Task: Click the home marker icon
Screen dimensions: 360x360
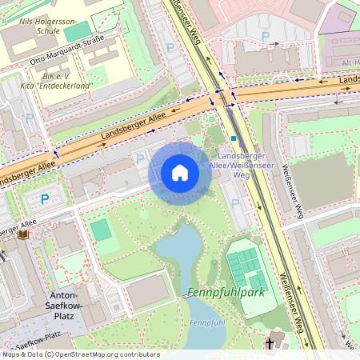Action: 180,173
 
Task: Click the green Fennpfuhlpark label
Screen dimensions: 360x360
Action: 226,293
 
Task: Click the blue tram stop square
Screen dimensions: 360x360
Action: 234,138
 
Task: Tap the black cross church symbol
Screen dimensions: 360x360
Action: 270,344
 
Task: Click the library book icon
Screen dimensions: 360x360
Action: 22,234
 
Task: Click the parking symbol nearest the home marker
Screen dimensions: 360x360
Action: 141,158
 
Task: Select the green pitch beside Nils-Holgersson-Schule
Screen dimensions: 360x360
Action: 78,32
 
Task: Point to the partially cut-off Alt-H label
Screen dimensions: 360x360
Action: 350,62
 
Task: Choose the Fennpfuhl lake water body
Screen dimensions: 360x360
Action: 182,256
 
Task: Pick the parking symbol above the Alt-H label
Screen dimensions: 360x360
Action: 265,36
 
